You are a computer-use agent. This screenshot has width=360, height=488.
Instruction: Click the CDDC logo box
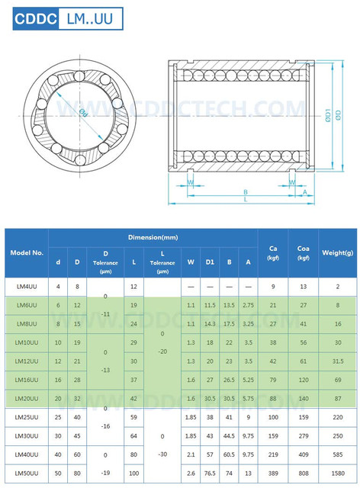31,18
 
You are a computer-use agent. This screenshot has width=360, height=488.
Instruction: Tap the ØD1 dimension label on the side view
327,114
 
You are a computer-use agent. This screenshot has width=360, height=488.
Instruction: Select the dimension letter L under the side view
245,200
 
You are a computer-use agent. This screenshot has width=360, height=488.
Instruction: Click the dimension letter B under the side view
245,191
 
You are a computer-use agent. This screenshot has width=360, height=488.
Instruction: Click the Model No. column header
27,252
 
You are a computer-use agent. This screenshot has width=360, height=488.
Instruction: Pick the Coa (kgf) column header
304,252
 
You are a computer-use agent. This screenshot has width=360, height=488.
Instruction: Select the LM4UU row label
27,287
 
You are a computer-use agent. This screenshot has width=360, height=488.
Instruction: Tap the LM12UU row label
27,361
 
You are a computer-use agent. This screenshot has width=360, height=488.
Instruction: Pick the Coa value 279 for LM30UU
304,436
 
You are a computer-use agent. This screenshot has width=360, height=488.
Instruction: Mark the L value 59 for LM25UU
133,418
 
